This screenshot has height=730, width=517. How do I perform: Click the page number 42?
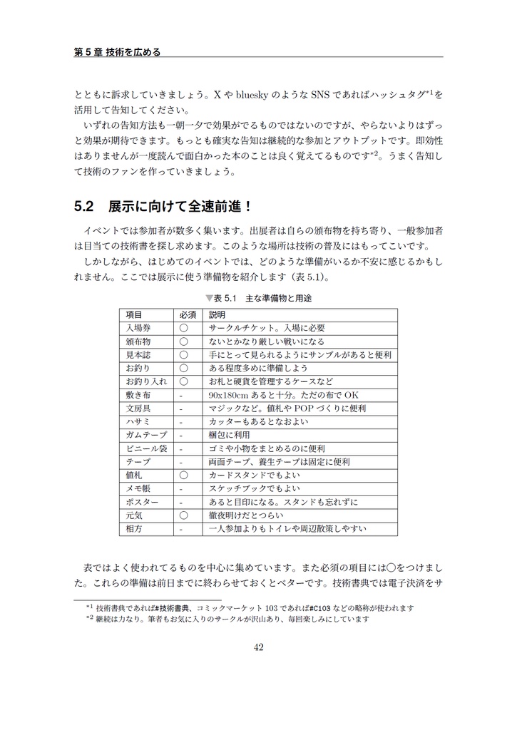pyautogui.click(x=258, y=647)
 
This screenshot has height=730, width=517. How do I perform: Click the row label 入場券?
pyautogui.click(x=138, y=329)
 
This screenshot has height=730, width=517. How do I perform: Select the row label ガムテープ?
pyautogui.click(x=146, y=435)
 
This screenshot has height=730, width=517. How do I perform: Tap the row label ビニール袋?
pyautogui.click(x=146, y=448)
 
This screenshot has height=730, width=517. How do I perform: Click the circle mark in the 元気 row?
pyautogui.click(x=183, y=515)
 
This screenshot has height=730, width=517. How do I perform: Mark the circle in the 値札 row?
pyautogui.click(x=183, y=475)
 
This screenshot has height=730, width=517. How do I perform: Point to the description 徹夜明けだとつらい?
pyautogui.click(x=246, y=515)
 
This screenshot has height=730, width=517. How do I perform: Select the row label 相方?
pyautogui.click(x=134, y=529)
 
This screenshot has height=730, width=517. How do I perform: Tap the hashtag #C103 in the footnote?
pyautogui.click(x=322, y=608)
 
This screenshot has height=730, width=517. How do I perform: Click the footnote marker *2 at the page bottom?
pyautogui.click(x=90, y=618)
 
